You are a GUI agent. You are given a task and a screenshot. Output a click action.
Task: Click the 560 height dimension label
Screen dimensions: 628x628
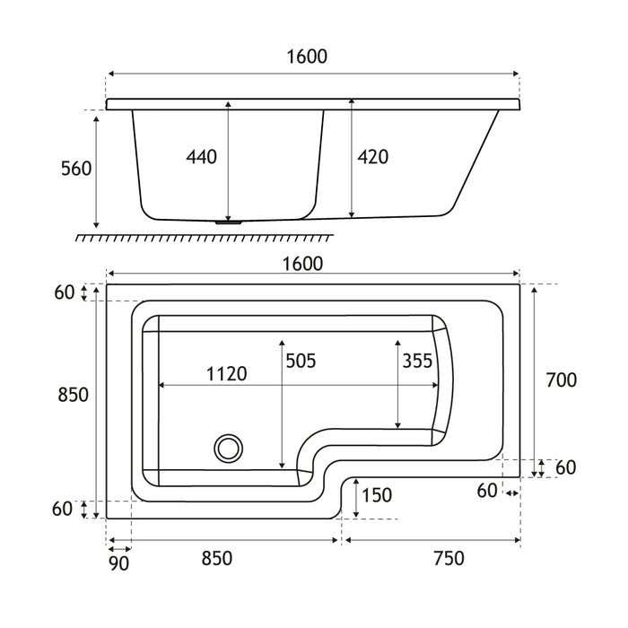click(76, 169)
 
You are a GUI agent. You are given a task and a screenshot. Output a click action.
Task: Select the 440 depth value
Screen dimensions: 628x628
click(202, 157)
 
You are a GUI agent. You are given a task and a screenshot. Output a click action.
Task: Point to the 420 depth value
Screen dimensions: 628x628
click(372, 157)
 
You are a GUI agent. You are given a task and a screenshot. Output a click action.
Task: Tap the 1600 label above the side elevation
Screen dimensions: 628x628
click(308, 56)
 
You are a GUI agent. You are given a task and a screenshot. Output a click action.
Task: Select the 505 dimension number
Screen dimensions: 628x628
click(301, 361)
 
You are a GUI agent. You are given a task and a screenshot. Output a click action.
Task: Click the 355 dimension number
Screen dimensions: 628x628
click(418, 361)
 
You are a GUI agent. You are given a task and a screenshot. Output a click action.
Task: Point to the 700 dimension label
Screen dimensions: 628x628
click(561, 379)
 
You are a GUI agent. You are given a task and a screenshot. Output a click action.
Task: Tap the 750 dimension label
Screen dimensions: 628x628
click(448, 558)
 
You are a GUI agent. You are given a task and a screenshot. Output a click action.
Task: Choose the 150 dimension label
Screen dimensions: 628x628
click(378, 494)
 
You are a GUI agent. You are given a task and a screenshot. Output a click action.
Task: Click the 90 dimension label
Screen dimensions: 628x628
click(119, 563)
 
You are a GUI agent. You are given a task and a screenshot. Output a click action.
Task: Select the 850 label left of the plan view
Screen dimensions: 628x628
click(72, 396)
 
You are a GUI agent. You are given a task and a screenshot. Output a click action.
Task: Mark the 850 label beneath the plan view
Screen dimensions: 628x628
click(215, 558)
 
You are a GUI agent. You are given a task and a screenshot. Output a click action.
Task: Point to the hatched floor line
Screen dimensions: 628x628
click(204, 236)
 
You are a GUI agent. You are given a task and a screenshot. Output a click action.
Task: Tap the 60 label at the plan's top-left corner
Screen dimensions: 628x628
click(64, 292)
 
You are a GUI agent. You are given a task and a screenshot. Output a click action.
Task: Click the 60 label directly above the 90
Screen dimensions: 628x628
click(62, 509)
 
